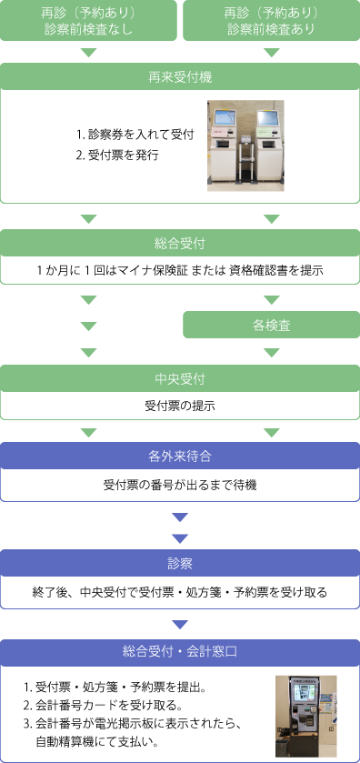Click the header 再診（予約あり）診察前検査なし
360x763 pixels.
tap(89, 21)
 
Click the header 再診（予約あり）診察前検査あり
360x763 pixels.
tap(271, 21)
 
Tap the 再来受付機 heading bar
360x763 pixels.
tap(180, 76)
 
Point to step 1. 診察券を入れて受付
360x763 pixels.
tap(135, 135)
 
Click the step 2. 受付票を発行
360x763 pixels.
tap(119, 155)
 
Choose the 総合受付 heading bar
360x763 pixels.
tap(180, 243)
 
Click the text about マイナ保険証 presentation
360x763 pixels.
tap(180, 270)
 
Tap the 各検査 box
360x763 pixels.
tap(271, 325)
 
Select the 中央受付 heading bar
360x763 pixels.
tap(180, 378)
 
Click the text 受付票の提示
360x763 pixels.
tap(180, 406)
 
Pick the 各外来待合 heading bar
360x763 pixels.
tap(180, 455)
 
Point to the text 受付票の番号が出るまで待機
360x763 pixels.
tap(180, 485)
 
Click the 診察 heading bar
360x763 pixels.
tap(180, 563)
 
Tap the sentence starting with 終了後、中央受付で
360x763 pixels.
tap(180, 592)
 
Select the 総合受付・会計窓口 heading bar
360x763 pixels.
tap(180, 651)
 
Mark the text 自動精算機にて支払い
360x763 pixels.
tap(101, 741)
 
